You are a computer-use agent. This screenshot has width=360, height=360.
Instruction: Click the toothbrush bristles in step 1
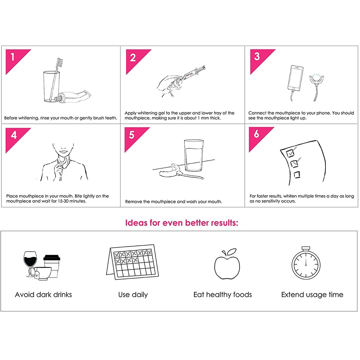pyautogui.click(x=60, y=62)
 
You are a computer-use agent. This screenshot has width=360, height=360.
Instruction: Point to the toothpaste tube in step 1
pyautogui.click(x=73, y=96)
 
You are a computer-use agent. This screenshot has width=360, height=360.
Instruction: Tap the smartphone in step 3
pyautogui.click(x=295, y=78)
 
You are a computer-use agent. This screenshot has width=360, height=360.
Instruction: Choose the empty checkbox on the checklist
pyautogui.click(x=297, y=175)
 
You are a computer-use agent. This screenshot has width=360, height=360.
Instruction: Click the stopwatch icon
pyautogui.click(x=306, y=263)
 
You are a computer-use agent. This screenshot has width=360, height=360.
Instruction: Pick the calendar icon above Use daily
pyautogui.click(x=132, y=262)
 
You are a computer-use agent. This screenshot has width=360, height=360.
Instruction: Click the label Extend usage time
pyautogui.click(x=312, y=294)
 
